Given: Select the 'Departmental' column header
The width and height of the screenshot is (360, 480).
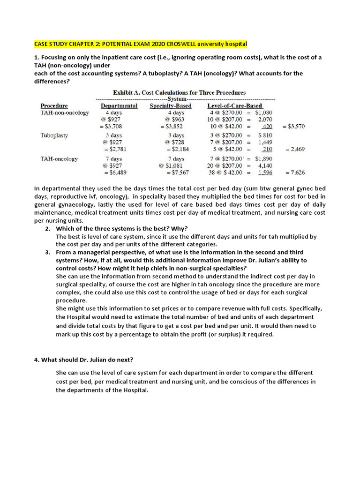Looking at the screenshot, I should click(119, 106).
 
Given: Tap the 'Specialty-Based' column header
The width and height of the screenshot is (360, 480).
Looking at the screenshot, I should click(171, 106).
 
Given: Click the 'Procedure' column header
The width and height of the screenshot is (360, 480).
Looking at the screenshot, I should click(54, 106).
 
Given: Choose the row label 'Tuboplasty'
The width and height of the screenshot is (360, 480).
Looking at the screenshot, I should click(54, 135).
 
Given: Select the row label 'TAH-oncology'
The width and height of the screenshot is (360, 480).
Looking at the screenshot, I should click(59, 159).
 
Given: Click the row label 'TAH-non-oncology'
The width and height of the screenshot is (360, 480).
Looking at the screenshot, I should click(65, 113).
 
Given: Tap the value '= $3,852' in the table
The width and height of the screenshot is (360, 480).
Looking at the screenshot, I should click(171, 127).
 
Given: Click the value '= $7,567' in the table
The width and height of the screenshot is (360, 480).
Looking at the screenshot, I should click(177, 172).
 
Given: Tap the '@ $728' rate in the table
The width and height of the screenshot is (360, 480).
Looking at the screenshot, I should click(174, 142).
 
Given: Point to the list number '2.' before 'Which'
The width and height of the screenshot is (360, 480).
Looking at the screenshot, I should click(48, 228).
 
